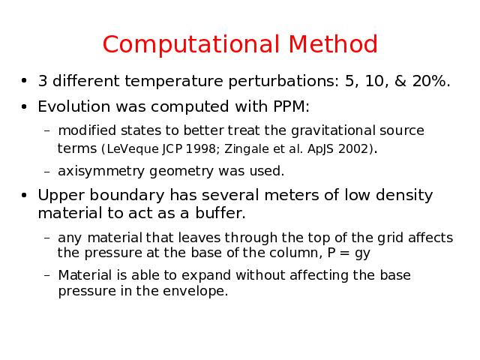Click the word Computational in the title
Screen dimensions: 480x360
click(x=191, y=44)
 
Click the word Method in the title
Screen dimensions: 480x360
click(x=333, y=44)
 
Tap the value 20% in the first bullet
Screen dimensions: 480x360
click(x=431, y=81)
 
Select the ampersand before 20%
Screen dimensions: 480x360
click(x=400, y=81)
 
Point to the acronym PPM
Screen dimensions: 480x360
click(x=291, y=106)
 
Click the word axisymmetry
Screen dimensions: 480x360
click(x=101, y=172)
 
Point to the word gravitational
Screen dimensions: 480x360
click(x=333, y=130)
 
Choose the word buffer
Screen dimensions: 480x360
click(x=220, y=213)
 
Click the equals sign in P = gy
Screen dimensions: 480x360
click(x=345, y=253)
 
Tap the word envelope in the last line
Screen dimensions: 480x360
click(x=196, y=291)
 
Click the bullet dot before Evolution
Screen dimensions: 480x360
click(x=24, y=107)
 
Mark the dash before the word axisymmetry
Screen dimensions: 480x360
click(x=46, y=172)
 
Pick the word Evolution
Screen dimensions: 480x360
click(x=73, y=106)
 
